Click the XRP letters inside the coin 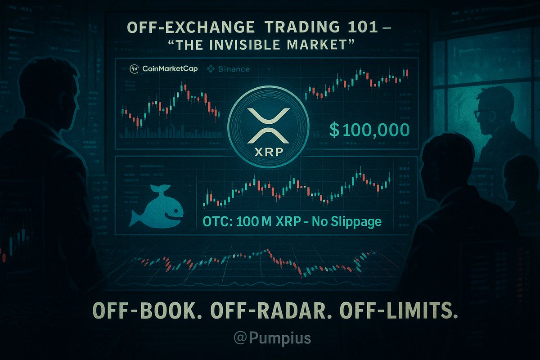[268, 152]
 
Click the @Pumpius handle [270, 337]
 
